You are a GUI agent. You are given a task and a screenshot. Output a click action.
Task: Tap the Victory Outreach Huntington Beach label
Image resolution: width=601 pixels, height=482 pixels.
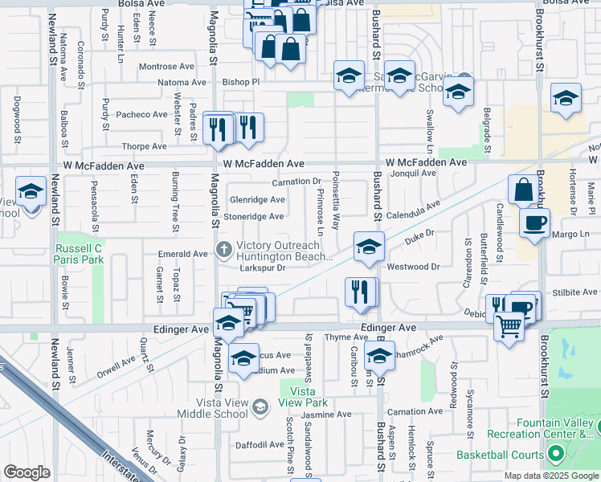[x=283, y=252]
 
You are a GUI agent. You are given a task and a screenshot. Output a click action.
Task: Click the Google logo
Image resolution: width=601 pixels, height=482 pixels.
[x=27, y=472]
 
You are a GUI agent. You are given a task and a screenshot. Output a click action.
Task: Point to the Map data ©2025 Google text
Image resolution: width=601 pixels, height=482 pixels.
[x=551, y=476]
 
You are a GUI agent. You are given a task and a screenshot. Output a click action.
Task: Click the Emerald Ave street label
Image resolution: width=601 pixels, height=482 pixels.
[x=183, y=254]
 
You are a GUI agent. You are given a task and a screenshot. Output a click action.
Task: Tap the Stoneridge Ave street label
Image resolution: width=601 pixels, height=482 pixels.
[x=253, y=216]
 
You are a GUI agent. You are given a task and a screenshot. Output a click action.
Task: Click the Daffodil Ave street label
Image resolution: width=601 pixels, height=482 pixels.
[x=260, y=444]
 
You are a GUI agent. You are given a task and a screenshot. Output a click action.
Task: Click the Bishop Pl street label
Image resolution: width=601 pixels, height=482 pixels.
[x=241, y=82]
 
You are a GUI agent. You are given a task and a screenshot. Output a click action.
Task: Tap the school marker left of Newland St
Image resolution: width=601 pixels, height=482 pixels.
[x=31, y=193]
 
